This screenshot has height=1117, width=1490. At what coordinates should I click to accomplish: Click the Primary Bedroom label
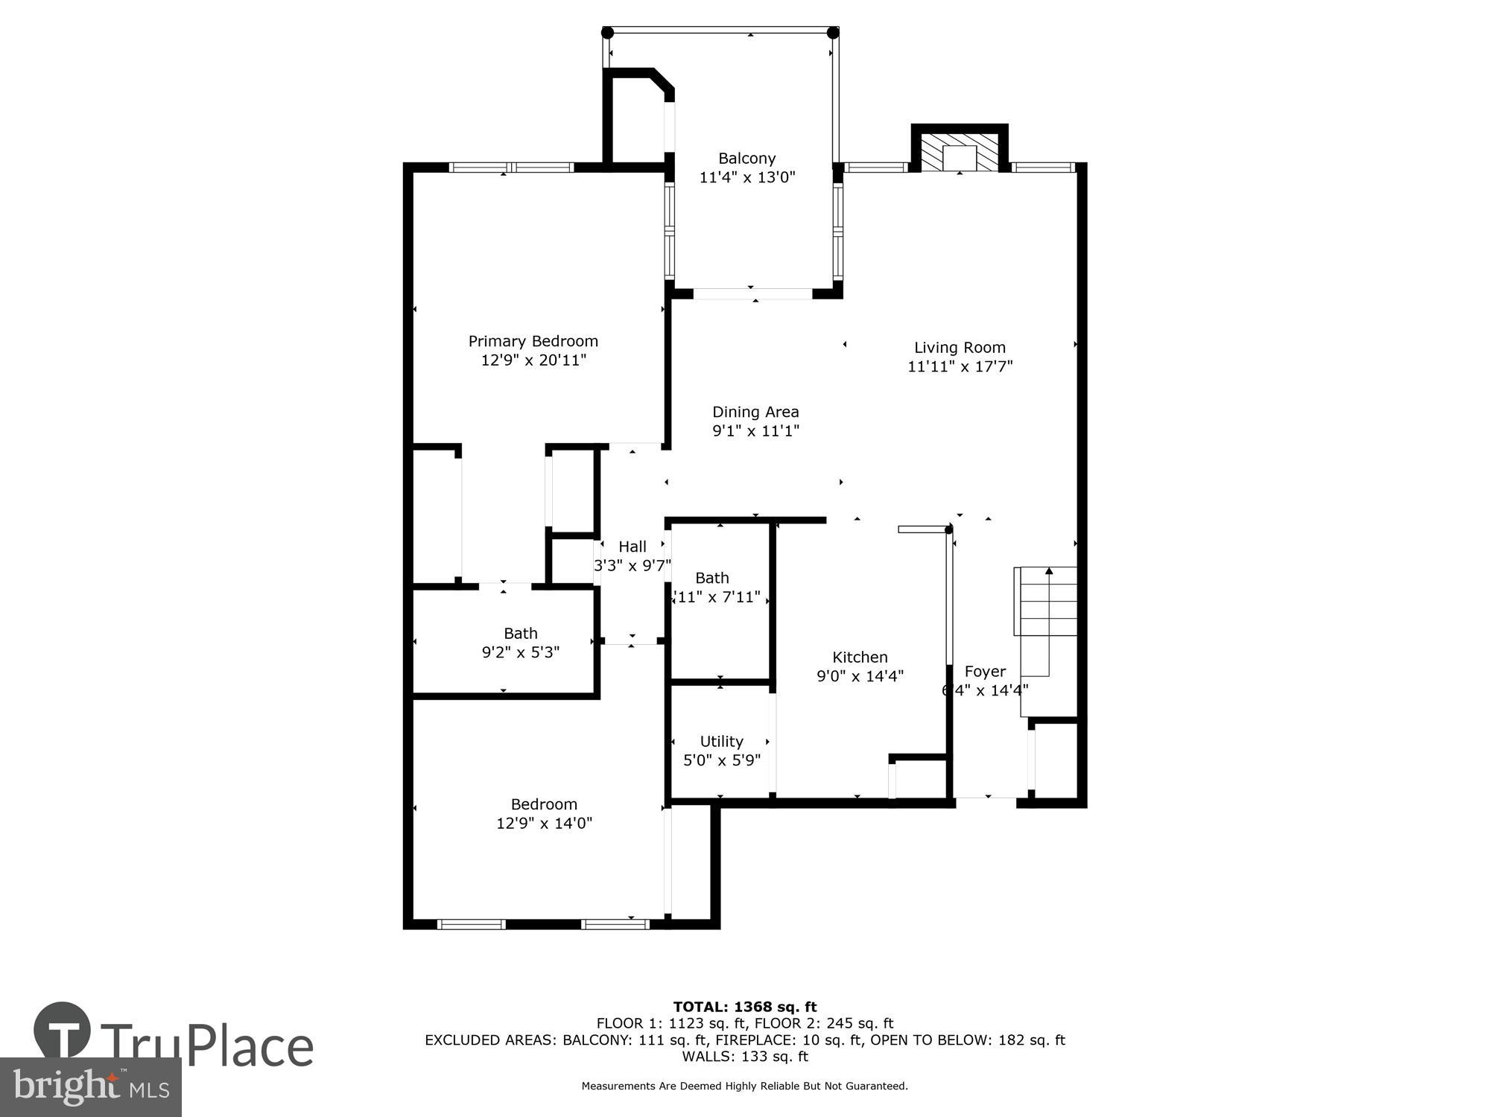(x=533, y=341)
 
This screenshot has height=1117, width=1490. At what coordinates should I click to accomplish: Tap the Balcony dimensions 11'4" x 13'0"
(x=747, y=177)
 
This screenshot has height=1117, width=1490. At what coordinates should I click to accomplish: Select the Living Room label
(x=960, y=347)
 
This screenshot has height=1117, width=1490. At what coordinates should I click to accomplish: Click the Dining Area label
(x=755, y=412)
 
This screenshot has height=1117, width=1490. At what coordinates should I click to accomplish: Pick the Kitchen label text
(x=860, y=657)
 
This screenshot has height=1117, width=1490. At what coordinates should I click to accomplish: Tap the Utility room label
(x=721, y=741)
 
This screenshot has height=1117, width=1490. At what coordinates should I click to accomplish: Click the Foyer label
(x=985, y=671)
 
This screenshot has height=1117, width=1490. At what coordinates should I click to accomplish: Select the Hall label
(x=632, y=547)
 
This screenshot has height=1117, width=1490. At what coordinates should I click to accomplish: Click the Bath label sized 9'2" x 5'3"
(x=520, y=633)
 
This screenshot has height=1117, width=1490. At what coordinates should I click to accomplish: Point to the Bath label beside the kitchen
(x=712, y=578)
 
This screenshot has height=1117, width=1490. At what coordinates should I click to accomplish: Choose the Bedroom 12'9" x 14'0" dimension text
(x=544, y=823)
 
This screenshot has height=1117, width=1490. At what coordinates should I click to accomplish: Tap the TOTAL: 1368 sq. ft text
(x=744, y=1007)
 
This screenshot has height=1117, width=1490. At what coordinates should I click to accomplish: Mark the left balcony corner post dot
(x=607, y=33)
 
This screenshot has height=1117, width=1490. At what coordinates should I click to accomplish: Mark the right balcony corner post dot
(x=833, y=33)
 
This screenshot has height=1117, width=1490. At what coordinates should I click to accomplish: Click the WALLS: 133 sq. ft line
(x=744, y=1056)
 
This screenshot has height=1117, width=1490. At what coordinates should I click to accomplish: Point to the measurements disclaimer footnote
(x=744, y=1086)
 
